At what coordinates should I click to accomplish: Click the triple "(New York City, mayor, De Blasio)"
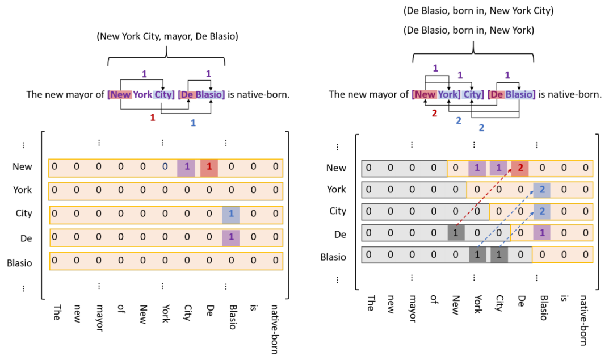[x=167, y=37]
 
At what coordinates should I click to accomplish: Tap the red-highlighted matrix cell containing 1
[x=209, y=167]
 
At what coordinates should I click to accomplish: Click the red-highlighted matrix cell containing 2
[x=521, y=168]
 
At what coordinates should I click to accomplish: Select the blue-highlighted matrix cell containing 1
[x=230, y=214]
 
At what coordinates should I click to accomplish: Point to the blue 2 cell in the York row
[x=542, y=189]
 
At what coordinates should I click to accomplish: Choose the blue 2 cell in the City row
[x=542, y=211]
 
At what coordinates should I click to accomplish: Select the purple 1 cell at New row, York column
[x=477, y=168]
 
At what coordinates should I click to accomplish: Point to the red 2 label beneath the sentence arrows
[x=434, y=114]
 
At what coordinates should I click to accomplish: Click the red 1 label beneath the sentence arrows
[x=152, y=117]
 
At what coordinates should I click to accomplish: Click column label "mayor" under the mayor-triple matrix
[x=99, y=313]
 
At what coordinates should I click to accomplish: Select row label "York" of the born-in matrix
[x=337, y=189]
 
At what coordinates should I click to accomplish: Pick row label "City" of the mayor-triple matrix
[x=24, y=214]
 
